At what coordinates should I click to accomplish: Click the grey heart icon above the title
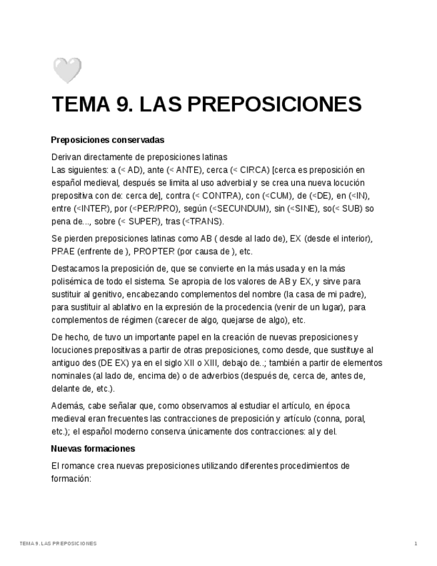[67, 70]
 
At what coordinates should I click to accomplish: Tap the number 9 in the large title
[121, 105]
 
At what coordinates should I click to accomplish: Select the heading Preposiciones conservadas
[107, 140]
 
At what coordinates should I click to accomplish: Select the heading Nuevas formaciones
[93, 449]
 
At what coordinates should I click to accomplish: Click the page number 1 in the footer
[416, 544]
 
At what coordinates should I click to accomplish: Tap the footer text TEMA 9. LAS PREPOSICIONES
[58, 544]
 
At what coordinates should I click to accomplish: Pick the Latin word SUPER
[141, 222]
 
